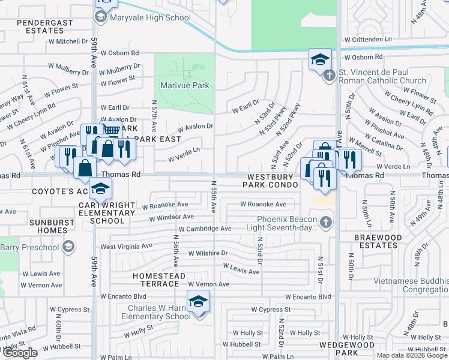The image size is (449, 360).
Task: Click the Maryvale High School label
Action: tap(151, 17)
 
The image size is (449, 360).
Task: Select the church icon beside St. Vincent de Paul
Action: tap(328, 76)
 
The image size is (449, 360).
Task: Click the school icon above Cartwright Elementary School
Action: tap(101, 190)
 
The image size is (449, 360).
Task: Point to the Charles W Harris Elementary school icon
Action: tap(198, 301)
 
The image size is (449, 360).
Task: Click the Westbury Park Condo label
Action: tap(270, 181)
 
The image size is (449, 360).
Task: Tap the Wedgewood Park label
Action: tap(338, 349)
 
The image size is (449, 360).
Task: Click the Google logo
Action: tap(20, 353)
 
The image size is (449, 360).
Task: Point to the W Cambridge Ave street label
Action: tap(205, 229)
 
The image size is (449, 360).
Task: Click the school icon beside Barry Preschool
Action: tap(69, 247)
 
